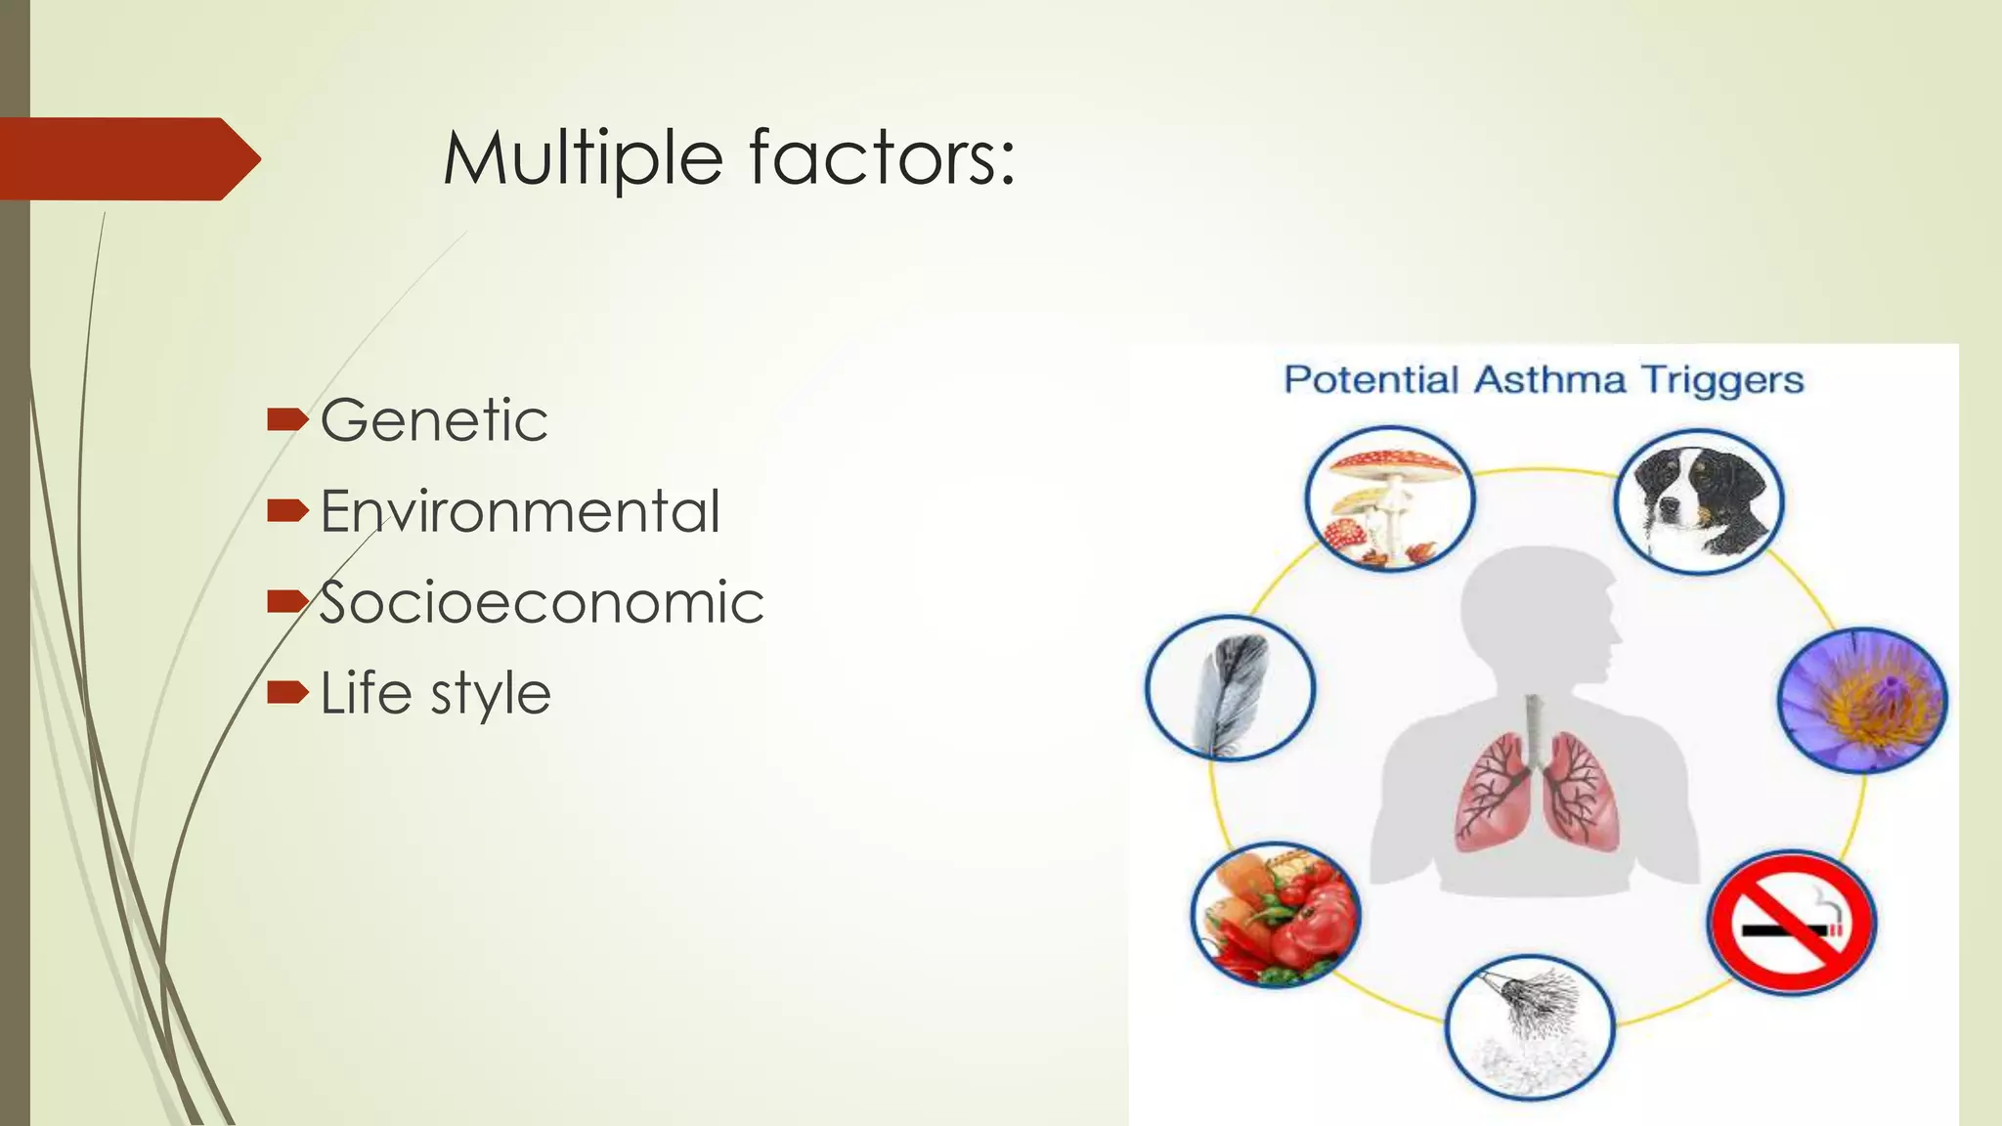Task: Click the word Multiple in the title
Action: point(583,158)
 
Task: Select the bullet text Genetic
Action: point(434,421)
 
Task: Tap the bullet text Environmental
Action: point(520,511)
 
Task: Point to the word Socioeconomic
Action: point(542,602)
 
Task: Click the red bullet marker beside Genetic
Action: point(286,420)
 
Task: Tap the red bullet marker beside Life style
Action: point(286,692)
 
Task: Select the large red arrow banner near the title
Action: point(127,158)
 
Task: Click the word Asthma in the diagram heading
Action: point(1549,380)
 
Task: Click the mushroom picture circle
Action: point(1389,499)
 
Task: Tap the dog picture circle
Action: point(1699,502)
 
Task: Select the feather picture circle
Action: point(1230,688)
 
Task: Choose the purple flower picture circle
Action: point(1862,700)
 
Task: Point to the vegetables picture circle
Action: point(1276,915)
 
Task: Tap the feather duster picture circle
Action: point(1530,1027)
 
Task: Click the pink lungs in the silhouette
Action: point(1536,787)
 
